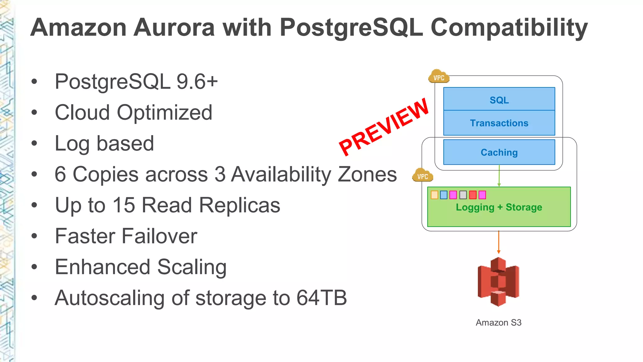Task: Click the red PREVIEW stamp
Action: [x=384, y=127]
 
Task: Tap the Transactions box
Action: [x=499, y=123]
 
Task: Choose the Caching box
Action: [x=499, y=152]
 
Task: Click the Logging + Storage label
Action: [x=499, y=207]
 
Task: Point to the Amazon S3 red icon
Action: [x=498, y=282]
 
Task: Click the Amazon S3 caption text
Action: [x=498, y=322]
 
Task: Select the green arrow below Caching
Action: [x=499, y=176]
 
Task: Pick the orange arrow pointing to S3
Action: [x=499, y=242]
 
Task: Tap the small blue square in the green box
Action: [x=444, y=195]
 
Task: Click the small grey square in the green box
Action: [x=463, y=195]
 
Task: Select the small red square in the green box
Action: [x=473, y=195]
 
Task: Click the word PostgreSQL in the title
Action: [x=351, y=28]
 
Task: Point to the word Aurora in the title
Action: [x=174, y=28]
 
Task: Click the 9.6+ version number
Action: [x=197, y=82]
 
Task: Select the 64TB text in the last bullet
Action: [x=322, y=298]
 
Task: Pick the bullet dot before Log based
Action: [x=34, y=144]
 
